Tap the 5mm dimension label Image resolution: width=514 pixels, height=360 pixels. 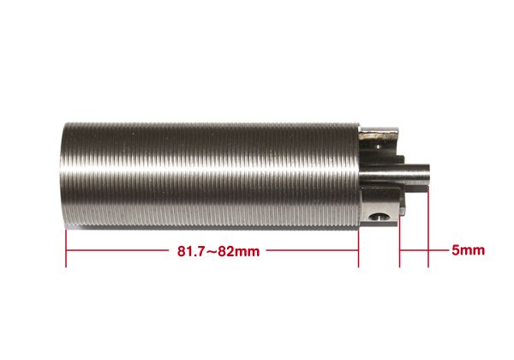click(x=468, y=251)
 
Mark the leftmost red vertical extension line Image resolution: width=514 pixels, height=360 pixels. click(x=66, y=249)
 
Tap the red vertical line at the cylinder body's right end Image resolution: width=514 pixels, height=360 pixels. click(x=358, y=249)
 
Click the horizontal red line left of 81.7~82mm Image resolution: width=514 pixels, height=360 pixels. click(x=120, y=251)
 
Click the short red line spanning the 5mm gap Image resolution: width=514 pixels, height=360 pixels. click(x=414, y=251)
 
